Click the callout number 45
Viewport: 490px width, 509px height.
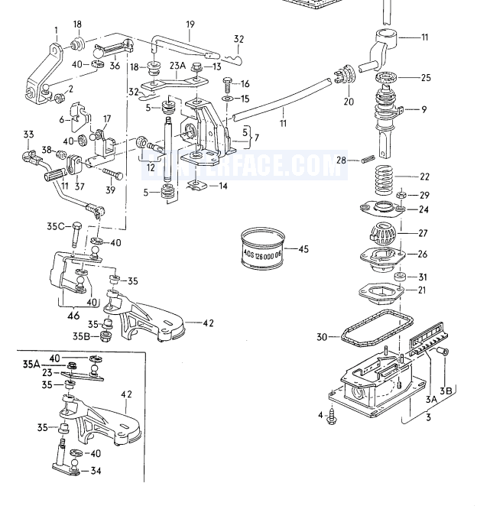click(303, 248)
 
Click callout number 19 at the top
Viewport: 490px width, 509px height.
click(190, 25)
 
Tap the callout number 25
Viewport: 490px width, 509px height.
click(426, 78)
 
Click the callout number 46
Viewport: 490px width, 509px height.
click(73, 314)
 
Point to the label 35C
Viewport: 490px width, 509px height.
click(54, 226)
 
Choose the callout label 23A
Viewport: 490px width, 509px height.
click(178, 66)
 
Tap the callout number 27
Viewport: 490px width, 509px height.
click(424, 234)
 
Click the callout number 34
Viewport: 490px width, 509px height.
click(96, 472)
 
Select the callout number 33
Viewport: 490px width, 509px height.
click(28, 136)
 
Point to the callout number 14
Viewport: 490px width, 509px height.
click(223, 186)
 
